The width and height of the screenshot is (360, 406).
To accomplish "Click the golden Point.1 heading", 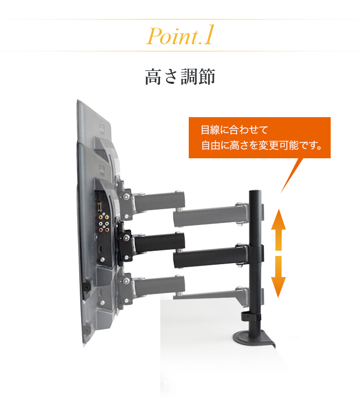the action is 181,35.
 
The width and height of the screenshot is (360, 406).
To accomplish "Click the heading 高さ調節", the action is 180,77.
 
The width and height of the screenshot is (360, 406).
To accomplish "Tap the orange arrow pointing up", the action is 278,230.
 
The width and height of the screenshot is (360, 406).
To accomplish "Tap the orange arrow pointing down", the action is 278,277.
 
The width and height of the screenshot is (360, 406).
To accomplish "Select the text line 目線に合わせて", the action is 235,130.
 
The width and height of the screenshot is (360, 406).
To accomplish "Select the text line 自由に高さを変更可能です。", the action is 262,145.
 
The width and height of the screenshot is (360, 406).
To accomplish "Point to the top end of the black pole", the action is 255,191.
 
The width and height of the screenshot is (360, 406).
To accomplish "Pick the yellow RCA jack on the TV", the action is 106,217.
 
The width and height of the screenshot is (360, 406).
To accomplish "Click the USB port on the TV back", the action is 100,207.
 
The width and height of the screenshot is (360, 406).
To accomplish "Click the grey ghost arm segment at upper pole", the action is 210,215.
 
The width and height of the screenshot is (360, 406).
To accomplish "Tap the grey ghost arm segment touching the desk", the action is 210,294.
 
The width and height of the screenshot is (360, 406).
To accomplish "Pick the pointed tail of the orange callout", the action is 281,193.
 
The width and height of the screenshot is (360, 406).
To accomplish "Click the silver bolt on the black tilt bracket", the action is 126,238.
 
